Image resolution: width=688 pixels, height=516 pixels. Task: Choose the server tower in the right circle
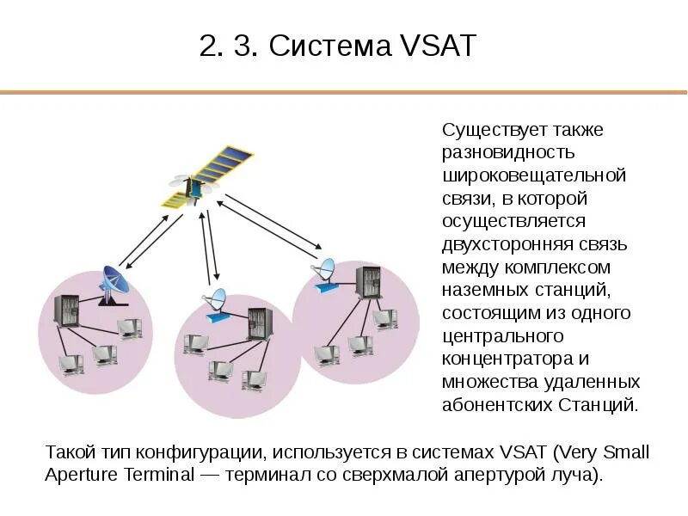pos(370,282)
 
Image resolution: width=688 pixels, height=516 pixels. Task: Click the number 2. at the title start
pos(211,46)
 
